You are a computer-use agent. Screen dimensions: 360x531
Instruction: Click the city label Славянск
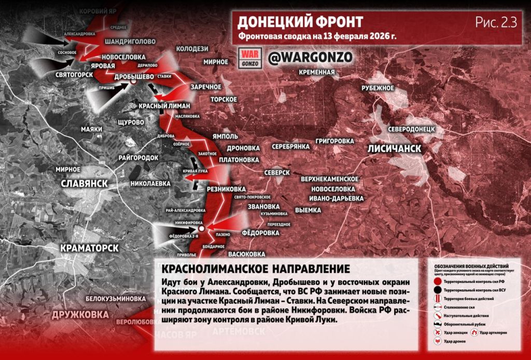84,183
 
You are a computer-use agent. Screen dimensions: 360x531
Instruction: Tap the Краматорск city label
90,248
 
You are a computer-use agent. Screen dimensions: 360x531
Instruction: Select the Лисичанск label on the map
394,148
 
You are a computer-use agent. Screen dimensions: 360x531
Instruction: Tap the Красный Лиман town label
165,105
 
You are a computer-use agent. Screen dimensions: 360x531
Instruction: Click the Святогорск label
74,75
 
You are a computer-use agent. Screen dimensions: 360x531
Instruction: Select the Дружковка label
80,314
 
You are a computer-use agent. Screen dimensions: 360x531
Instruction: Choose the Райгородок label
138,157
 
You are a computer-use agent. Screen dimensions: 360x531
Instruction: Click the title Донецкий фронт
300,22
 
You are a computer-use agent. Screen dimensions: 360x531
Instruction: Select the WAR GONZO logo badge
250,58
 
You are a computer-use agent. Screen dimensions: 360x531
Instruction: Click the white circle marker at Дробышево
133,82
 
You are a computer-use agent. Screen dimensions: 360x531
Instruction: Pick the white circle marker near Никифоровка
201,228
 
